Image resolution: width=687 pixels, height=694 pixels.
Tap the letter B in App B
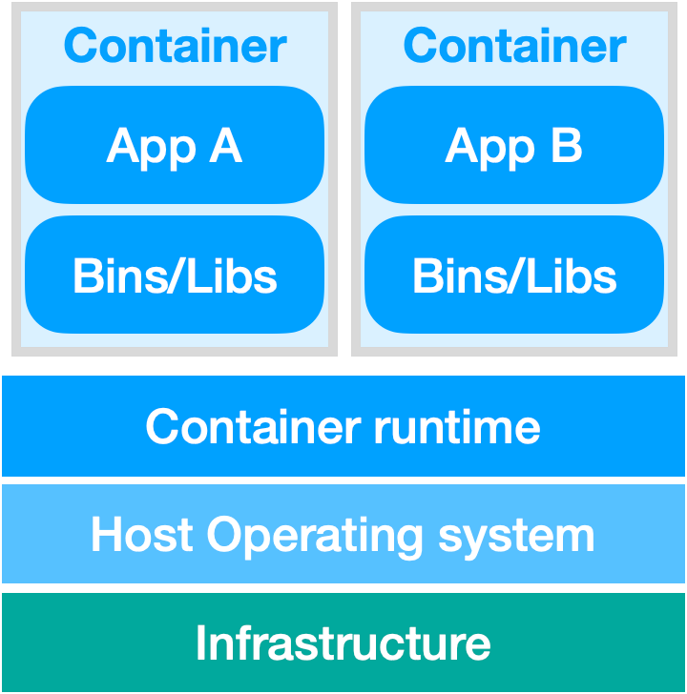[x=566, y=146]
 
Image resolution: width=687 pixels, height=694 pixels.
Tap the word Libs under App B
[x=574, y=276]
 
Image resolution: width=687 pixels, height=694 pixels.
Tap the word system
[x=516, y=537]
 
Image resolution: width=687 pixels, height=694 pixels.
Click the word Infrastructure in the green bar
[x=343, y=643]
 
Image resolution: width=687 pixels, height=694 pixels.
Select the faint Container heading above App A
[x=175, y=46]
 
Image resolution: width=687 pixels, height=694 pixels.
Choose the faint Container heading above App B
[x=514, y=46]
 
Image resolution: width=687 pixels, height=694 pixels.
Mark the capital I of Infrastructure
[x=201, y=643]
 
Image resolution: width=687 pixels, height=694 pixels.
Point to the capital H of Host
[x=107, y=535]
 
